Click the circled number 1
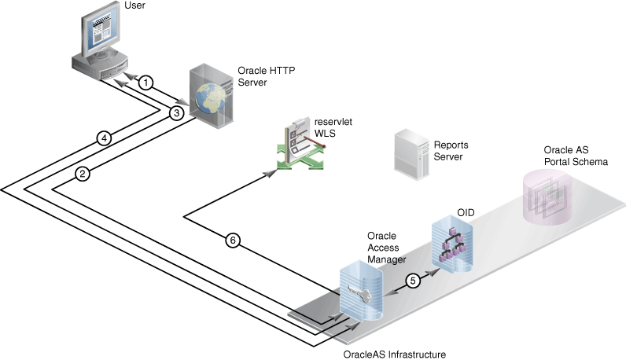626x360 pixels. pos(145,82)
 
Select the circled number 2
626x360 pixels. pos(82,174)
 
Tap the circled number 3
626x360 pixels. pos(177,113)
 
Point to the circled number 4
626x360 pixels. pos(103,138)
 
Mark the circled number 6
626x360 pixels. pos(232,241)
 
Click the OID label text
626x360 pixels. pos(466,212)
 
